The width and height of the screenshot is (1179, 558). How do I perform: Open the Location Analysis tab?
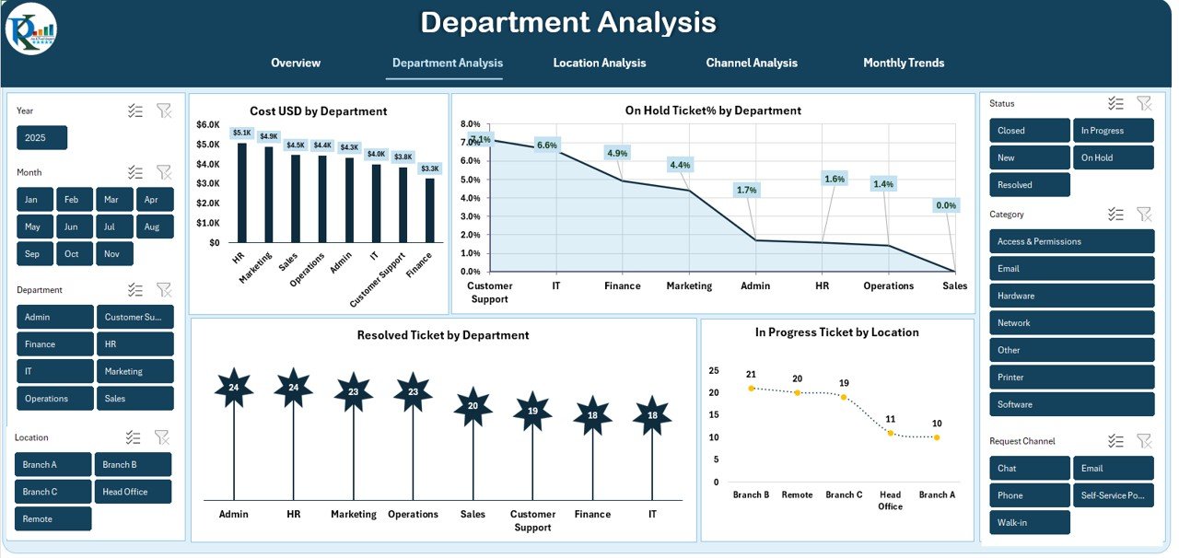click(599, 63)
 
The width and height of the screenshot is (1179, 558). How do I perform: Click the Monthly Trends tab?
click(903, 63)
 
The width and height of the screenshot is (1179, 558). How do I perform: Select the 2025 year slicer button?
click(41, 138)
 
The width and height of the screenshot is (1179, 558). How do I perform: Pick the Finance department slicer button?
click(55, 344)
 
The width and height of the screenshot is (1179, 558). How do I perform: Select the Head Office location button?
click(134, 492)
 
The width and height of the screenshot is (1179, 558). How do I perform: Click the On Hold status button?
click(1113, 157)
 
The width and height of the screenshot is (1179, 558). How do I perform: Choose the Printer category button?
click(1071, 378)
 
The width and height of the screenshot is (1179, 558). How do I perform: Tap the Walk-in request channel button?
click(1030, 523)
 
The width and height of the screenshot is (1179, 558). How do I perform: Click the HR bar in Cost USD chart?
click(242, 192)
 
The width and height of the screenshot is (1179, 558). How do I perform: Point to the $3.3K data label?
click(430, 169)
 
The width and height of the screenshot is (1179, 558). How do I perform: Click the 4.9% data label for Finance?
click(617, 153)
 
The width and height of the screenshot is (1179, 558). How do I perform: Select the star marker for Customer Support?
click(532, 411)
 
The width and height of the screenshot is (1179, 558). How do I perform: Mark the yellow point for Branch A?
click(937, 437)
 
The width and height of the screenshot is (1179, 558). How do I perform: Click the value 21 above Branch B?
click(751, 375)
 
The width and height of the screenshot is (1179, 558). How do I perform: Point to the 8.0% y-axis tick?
click(470, 123)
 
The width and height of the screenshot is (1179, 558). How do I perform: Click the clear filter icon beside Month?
click(164, 172)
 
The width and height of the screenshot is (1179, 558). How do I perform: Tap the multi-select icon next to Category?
click(1115, 215)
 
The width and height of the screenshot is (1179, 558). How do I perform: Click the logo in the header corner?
click(30, 29)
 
